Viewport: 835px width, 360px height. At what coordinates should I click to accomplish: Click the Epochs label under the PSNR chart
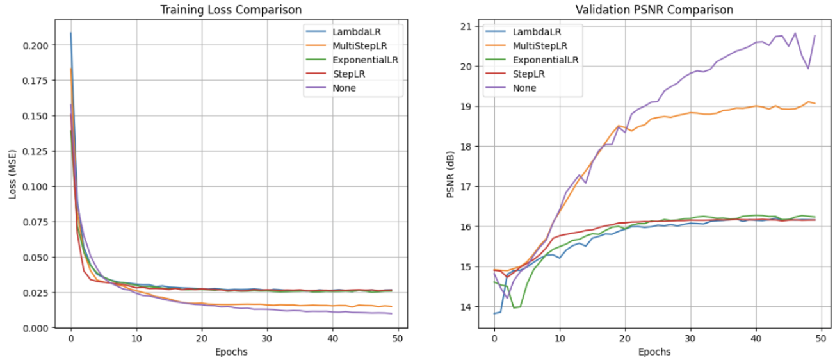(654, 352)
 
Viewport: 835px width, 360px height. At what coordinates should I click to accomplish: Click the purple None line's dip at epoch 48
(808, 69)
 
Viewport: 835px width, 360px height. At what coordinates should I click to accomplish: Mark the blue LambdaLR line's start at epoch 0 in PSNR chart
(494, 313)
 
